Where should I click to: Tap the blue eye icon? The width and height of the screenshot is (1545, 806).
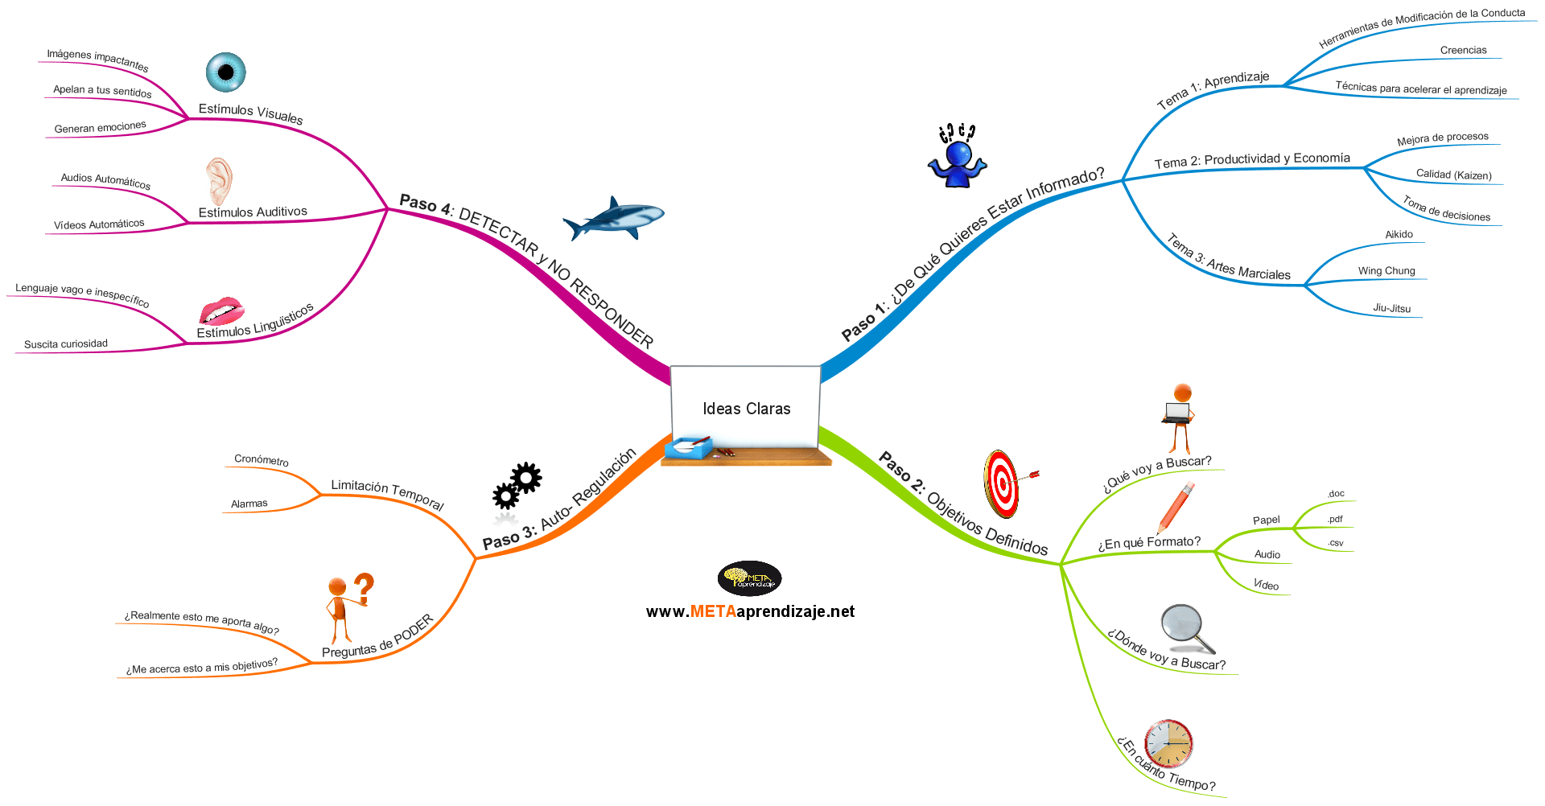[225, 72]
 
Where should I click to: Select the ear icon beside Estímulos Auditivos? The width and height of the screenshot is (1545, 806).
[219, 181]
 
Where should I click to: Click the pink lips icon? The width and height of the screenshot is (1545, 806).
[221, 310]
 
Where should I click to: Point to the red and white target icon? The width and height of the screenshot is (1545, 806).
[1003, 483]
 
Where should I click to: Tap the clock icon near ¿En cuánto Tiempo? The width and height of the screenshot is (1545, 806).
[1168, 743]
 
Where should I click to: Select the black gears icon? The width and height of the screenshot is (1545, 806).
[517, 486]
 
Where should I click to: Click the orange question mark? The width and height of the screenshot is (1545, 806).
[365, 589]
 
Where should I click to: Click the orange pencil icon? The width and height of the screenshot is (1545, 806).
[1176, 508]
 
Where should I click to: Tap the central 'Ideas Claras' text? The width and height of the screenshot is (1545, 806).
[747, 409]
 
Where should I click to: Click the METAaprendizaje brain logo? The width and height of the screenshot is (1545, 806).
[749, 578]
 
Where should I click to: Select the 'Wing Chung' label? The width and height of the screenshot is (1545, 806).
[1386, 271]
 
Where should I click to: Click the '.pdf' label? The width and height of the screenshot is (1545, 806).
[1335, 520]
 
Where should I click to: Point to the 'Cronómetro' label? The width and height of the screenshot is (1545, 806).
[262, 460]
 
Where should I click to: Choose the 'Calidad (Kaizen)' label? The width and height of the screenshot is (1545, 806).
[1454, 175]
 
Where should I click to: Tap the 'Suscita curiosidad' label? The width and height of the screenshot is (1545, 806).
[66, 344]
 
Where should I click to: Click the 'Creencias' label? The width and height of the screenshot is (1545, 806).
[1464, 50]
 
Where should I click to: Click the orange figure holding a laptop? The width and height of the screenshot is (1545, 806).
[1179, 418]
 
